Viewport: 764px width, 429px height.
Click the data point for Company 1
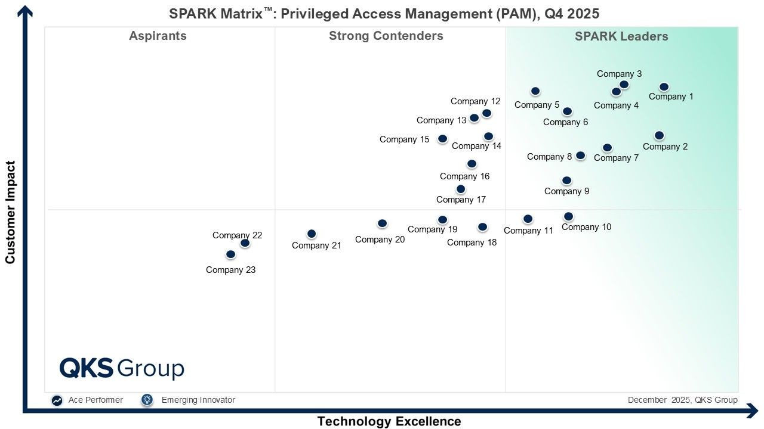point(664,87)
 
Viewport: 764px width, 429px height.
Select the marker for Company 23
point(230,254)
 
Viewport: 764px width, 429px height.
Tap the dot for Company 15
point(442,139)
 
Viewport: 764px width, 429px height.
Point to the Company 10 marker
point(568,216)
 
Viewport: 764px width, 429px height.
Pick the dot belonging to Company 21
point(312,234)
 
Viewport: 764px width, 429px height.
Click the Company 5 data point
point(535,91)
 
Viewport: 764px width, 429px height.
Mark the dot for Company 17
point(461,189)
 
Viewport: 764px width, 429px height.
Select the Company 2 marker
point(659,136)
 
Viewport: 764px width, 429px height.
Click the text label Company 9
point(566,191)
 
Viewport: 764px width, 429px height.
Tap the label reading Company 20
point(380,240)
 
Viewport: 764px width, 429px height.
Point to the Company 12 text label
point(475,101)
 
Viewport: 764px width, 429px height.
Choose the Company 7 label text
point(616,158)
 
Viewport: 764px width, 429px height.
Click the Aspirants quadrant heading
point(158,36)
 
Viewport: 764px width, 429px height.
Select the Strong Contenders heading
point(386,36)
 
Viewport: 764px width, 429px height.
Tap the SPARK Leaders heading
point(621,36)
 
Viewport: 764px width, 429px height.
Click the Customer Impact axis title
point(10,212)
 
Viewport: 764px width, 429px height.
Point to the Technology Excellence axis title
point(389,421)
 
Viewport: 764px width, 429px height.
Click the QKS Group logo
point(122,368)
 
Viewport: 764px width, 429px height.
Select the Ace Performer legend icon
point(57,400)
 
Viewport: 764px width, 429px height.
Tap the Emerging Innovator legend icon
point(147,400)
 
